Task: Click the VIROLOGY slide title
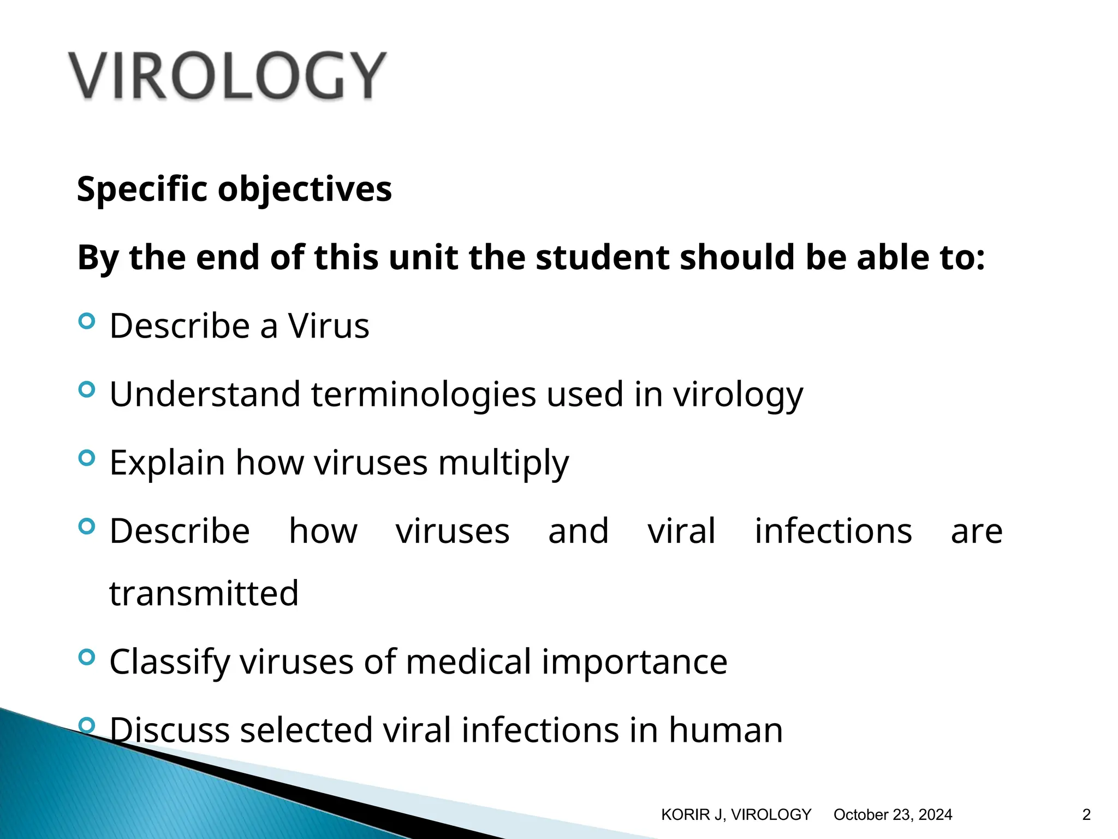pos(227,75)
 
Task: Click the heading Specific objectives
pos(234,189)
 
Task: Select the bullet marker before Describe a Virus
pos(86,321)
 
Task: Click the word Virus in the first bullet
pos(328,326)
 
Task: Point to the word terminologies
pos(424,394)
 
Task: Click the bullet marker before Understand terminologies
pos(86,389)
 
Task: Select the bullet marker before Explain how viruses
pos(86,458)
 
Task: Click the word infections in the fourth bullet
pos(833,531)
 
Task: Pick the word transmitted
pos(204,594)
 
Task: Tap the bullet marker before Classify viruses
pos(86,657)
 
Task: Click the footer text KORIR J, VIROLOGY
pos(736,815)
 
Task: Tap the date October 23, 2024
pos(893,815)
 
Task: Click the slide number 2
pos(1086,815)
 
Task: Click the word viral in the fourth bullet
pos(681,531)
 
